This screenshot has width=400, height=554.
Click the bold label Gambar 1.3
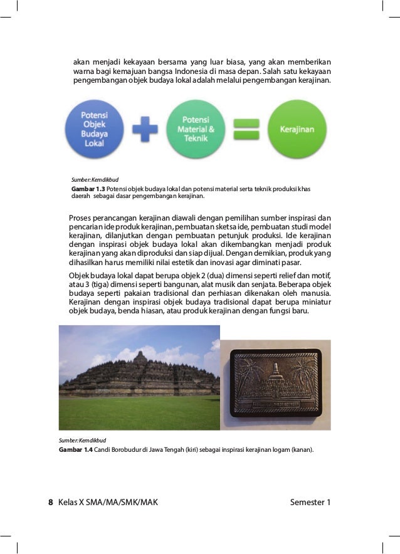(x=88, y=189)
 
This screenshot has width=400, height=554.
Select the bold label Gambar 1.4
(x=75, y=450)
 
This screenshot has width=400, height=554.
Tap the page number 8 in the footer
(x=51, y=502)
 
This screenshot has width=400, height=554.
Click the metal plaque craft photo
(x=275, y=385)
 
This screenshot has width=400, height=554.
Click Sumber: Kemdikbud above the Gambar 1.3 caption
(x=87, y=179)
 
